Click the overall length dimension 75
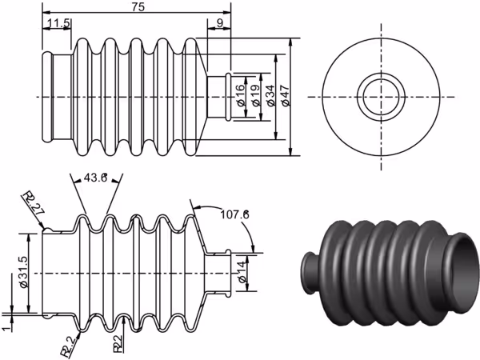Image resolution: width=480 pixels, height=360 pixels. (x=138, y=7)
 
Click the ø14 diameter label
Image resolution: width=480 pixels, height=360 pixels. (x=242, y=271)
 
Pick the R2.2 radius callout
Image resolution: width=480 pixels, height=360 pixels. (x=70, y=347)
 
